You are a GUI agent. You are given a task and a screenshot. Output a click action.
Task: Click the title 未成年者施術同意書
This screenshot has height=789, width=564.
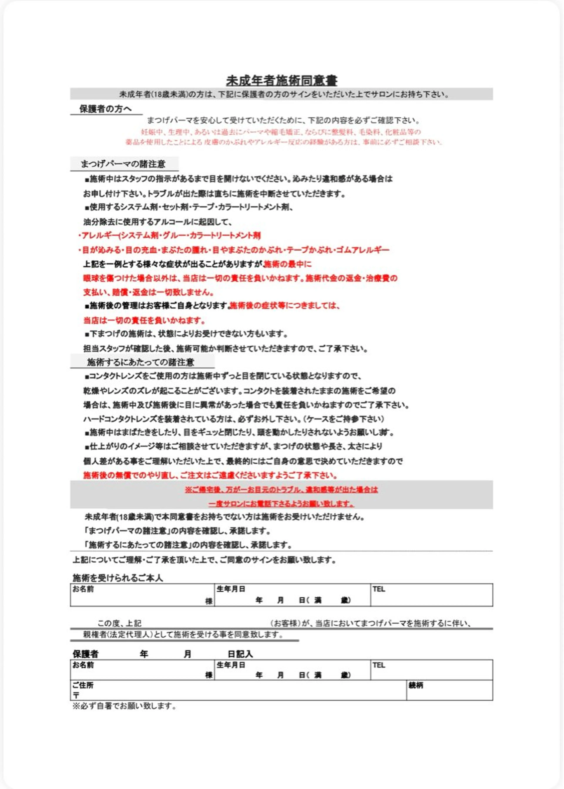pos(282,81)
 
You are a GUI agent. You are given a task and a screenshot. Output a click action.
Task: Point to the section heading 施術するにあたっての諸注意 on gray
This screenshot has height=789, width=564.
pos(140,362)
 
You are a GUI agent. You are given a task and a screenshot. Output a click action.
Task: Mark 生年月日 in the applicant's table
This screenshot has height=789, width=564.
pos(231,589)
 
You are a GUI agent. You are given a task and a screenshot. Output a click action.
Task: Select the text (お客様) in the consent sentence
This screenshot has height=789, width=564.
pos(285,623)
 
